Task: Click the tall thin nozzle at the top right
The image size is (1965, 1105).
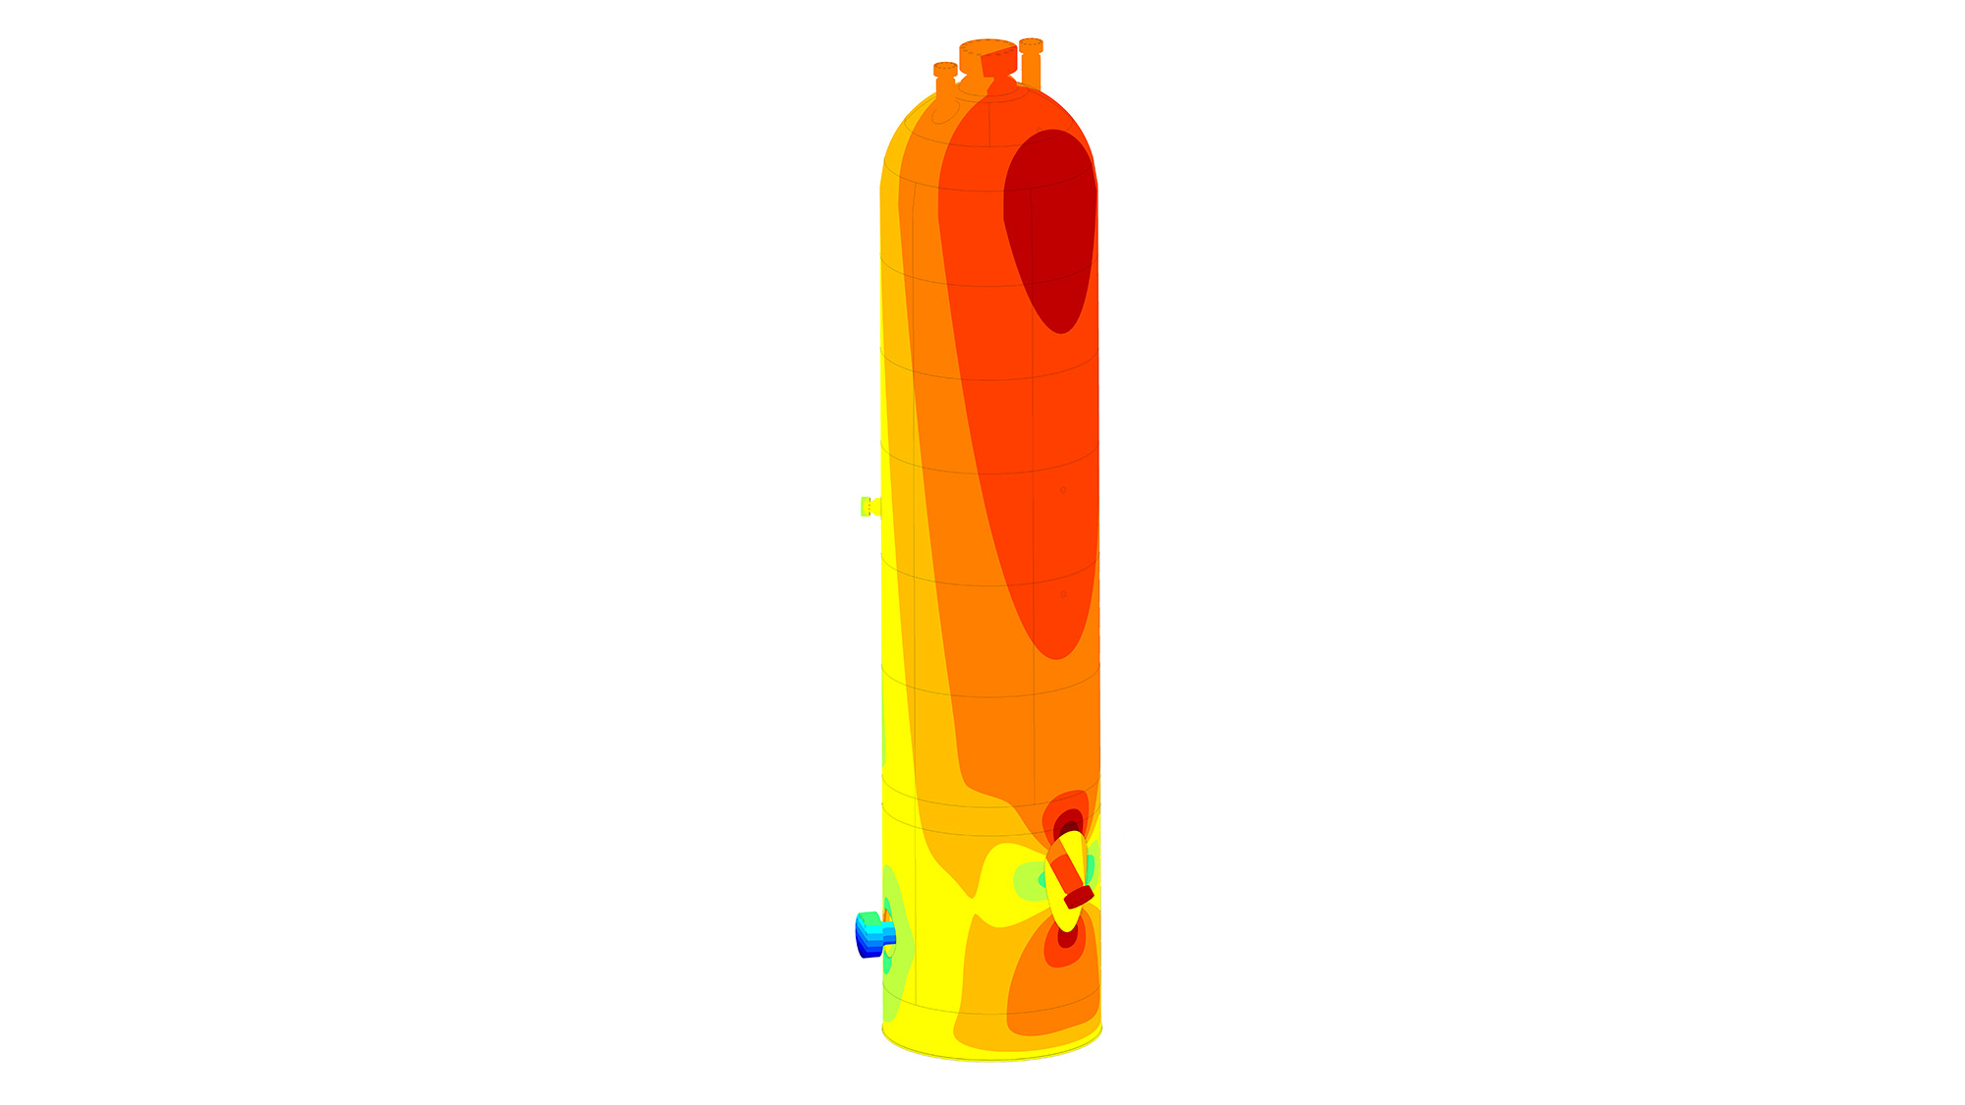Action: click(1031, 64)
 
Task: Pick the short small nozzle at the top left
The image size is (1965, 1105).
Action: click(945, 79)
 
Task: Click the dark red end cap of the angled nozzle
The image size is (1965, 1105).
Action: click(1078, 896)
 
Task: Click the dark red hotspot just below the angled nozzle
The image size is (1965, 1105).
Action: click(1067, 936)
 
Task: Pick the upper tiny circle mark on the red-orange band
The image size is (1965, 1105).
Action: click(1062, 489)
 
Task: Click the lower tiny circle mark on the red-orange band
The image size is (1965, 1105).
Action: click(1063, 593)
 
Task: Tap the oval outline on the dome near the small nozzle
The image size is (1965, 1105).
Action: click(944, 112)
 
